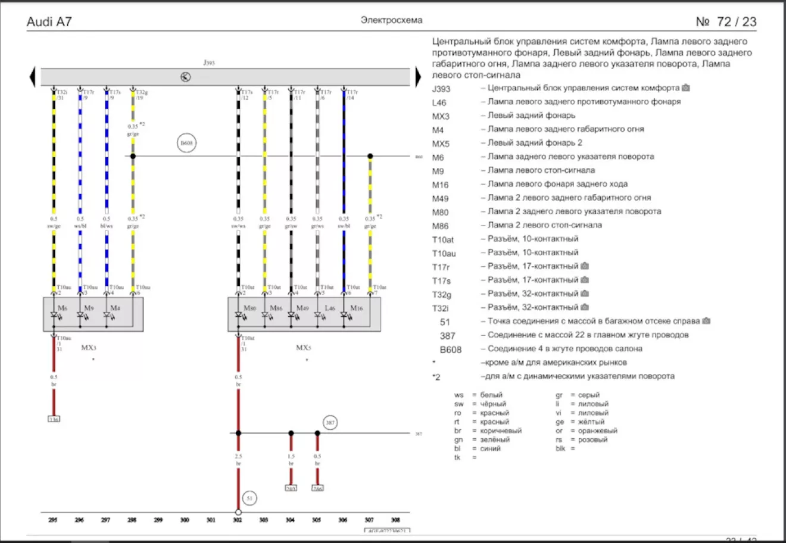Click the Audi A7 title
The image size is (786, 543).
tap(49, 22)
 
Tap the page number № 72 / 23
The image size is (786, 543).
tap(726, 22)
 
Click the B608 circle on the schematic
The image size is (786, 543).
tap(186, 143)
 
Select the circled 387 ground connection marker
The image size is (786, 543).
tap(330, 423)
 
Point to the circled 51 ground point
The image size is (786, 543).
tap(249, 498)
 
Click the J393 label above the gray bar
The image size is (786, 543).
tap(209, 63)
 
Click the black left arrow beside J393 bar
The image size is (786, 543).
tap(33, 77)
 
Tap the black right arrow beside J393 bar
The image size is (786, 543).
tap(418, 77)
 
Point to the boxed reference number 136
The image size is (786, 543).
tap(54, 419)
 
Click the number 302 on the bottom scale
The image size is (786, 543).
tap(238, 520)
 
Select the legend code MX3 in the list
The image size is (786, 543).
tap(441, 116)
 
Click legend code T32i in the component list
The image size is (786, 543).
tap(441, 308)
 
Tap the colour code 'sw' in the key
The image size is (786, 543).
tap(458, 404)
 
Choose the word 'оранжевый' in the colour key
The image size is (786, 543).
tap(597, 430)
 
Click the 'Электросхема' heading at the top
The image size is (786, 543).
tap(391, 20)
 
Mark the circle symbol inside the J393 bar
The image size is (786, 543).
tap(186, 77)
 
